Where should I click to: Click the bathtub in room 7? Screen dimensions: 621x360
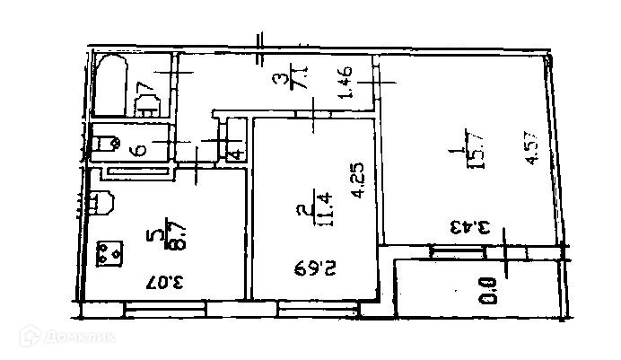click(111, 84)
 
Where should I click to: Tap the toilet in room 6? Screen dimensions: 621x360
click(107, 141)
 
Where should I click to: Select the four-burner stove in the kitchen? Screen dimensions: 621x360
click(111, 253)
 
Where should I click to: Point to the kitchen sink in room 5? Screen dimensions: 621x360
click(99, 202)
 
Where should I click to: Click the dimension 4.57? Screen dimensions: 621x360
click(533, 147)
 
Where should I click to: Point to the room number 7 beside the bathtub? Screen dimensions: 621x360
click(144, 92)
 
